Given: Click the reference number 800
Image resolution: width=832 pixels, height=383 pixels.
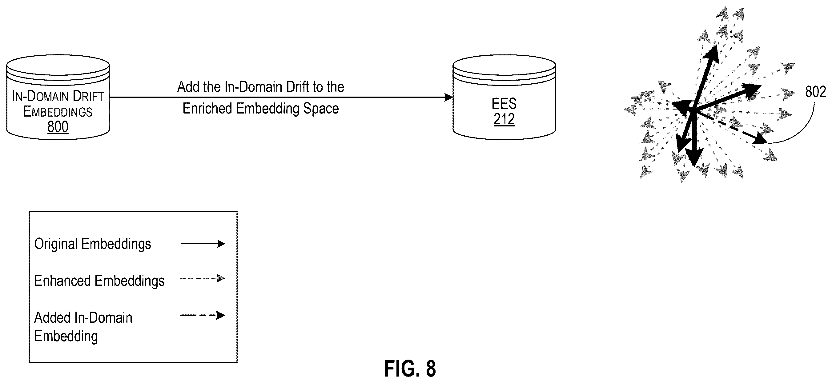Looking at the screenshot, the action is pyautogui.click(x=58, y=126).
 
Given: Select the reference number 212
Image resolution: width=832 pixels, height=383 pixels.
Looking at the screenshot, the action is pyautogui.click(x=504, y=119).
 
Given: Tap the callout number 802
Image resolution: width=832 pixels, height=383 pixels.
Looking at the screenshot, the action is pyautogui.click(x=815, y=92).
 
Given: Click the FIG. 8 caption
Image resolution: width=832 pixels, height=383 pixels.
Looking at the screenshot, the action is pyautogui.click(x=410, y=369).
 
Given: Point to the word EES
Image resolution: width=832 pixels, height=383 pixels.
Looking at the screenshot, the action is pyautogui.click(x=504, y=104).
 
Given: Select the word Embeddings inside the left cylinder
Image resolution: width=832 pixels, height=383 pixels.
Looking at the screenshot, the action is pyautogui.click(x=58, y=112).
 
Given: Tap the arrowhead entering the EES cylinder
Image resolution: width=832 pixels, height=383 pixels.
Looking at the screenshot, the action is pyautogui.click(x=448, y=97).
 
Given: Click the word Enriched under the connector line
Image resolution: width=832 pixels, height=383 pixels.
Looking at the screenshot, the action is pyautogui.click(x=207, y=108).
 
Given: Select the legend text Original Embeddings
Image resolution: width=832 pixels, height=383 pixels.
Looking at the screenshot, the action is pyautogui.click(x=93, y=244).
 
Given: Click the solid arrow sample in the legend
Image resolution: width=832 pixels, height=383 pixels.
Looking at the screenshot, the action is pyautogui.click(x=203, y=244).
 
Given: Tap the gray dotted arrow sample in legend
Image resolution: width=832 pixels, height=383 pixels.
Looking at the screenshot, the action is pyautogui.click(x=203, y=278).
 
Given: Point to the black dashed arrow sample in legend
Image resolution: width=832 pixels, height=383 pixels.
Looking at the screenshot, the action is pyautogui.click(x=203, y=315).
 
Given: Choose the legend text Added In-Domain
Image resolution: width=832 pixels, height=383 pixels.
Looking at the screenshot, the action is pyautogui.click(x=83, y=318).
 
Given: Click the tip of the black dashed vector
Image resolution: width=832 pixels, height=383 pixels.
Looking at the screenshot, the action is pyautogui.click(x=767, y=143).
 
